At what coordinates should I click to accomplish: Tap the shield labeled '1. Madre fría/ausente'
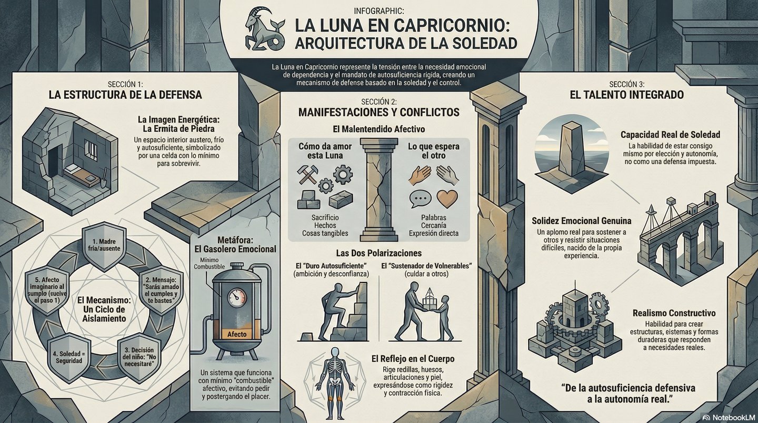point(104,246)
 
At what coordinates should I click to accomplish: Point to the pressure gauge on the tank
point(236,298)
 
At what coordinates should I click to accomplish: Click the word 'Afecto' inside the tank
point(237,334)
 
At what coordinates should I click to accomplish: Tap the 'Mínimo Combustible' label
point(209,263)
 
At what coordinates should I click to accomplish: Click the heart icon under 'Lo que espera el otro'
point(447,198)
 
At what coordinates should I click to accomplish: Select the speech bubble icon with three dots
point(420,199)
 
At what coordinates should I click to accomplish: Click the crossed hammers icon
point(307,174)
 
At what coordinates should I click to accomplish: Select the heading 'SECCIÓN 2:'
point(378,102)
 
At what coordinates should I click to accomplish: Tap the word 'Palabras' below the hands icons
point(434,218)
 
